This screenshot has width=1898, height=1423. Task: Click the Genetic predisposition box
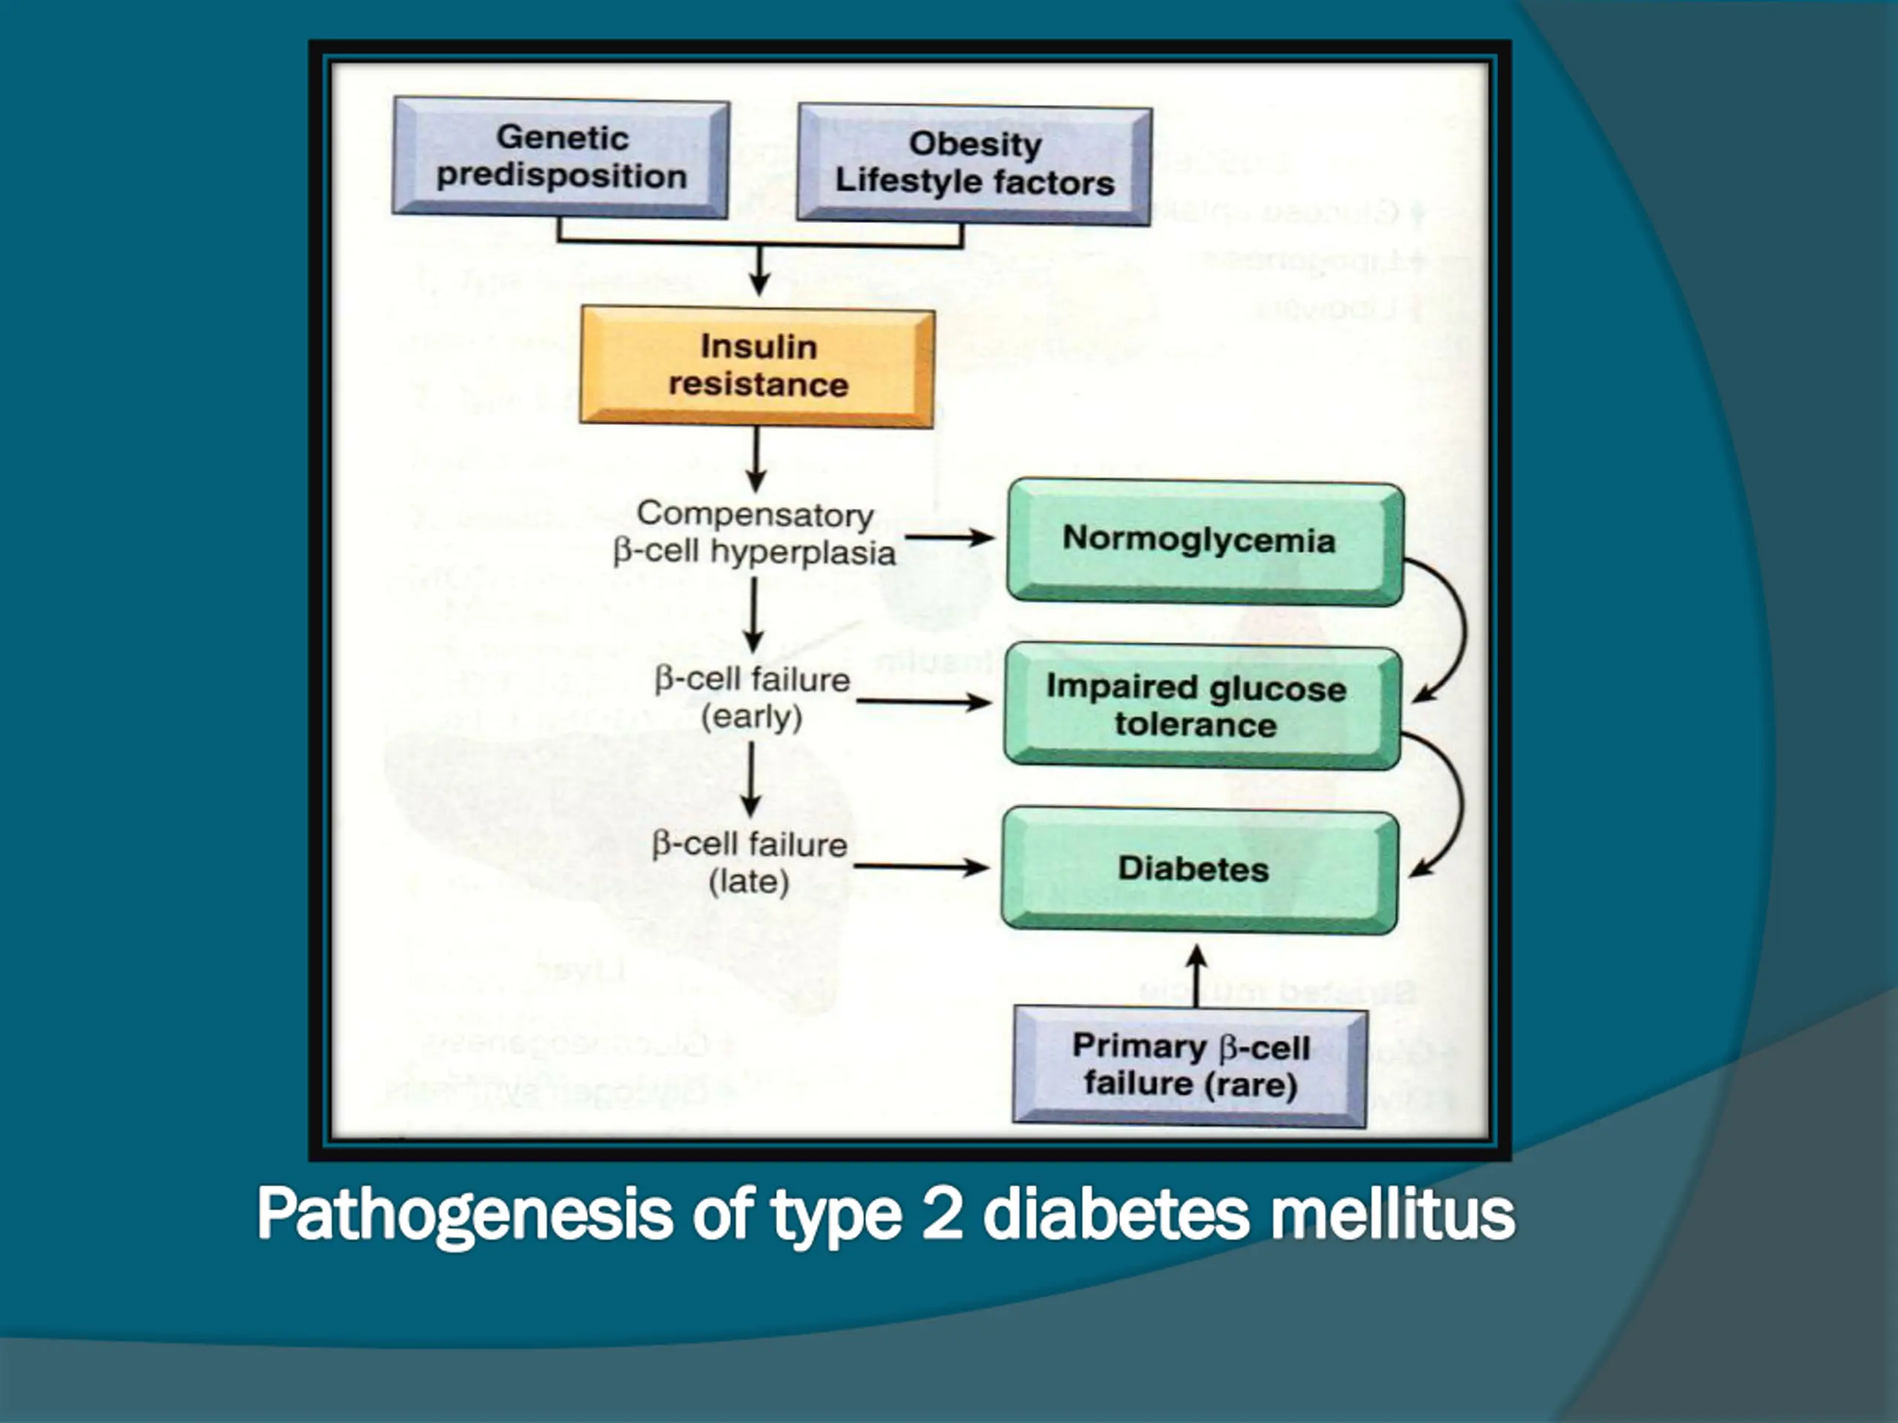pyautogui.click(x=561, y=157)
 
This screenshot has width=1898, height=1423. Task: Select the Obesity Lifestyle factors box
pyautogui.click(x=974, y=164)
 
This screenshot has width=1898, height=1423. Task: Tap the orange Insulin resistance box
pyautogui.click(x=758, y=366)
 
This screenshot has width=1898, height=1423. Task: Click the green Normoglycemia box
pyautogui.click(x=1204, y=540)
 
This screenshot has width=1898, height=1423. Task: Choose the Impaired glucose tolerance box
pyautogui.click(x=1200, y=706)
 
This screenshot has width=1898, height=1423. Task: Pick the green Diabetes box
pyautogui.click(x=1198, y=869)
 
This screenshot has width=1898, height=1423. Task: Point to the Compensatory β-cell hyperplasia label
pyautogui.click(x=754, y=533)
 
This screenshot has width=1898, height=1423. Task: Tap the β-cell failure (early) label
pyautogui.click(x=752, y=697)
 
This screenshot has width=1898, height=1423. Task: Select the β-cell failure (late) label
pyautogui.click(x=749, y=862)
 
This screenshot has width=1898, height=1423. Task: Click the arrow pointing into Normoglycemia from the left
pyautogui.click(x=949, y=538)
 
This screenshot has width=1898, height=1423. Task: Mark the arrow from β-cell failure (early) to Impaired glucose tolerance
pyautogui.click(x=923, y=702)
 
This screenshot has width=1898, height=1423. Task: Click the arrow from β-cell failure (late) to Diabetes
pyautogui.click(x=921, y=866)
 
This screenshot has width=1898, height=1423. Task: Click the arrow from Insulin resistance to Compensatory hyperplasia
pyautogui.click(x=756, y=459)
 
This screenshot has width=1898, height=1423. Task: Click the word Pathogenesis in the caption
pyautogui.click(x=464, y=1215)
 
